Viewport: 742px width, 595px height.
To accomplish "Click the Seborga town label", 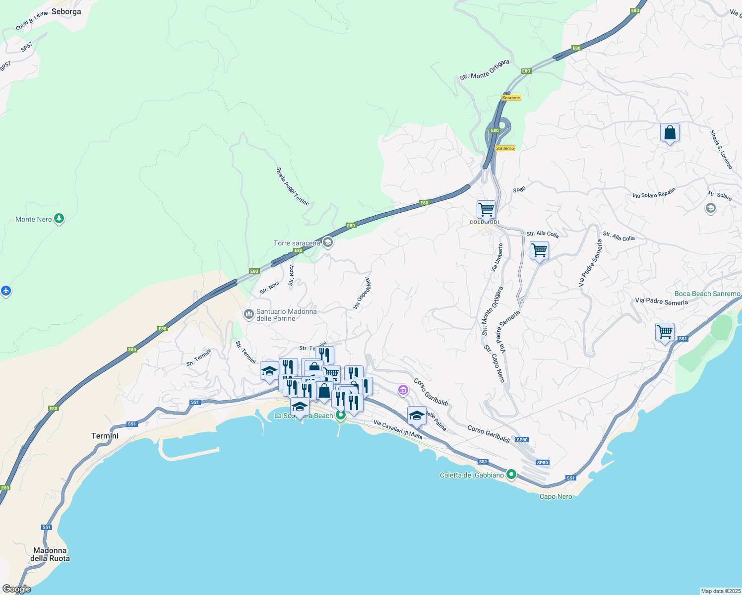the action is pyautogui.click(x=66, y=11).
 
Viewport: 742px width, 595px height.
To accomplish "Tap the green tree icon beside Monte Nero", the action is pyautogui.click(x=59, y=218).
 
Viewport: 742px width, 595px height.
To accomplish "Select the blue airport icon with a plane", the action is pyautogui.click(x=5, y=291).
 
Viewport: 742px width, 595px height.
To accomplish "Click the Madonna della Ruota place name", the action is pyautogui.click(x=50, y=554).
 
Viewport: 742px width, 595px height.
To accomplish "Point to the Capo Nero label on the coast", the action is pyautogui.click(x=556, y=496).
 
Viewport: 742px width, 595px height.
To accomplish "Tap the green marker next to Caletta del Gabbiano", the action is pyautogui.click(x=511, y=474).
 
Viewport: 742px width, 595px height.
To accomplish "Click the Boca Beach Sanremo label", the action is pyautogui.click(x=707, y=294).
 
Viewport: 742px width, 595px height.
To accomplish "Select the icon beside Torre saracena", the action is pyautogui.click(x=327, y=242).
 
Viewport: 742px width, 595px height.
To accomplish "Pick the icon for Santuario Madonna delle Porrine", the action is pyautogui.click(x=249, y=314).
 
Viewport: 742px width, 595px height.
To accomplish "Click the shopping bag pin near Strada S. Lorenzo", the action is pyautogui.click(x=670, y=133).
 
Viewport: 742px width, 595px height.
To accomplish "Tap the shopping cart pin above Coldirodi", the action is pyautogui.click(x=486, y=210).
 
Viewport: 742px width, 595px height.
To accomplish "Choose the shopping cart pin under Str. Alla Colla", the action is pyautogui.click(x=539, y=250).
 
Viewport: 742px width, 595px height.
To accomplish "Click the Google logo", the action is pyautogui.click(x=16, y=589).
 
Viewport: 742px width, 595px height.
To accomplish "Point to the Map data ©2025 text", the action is pyautogui.click(x=721, y=591).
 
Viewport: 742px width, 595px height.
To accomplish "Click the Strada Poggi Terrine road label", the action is pyautogui.click(x=292, y=186).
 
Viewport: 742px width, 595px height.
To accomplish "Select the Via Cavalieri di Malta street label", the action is pyautogui.click(x=398, y=430).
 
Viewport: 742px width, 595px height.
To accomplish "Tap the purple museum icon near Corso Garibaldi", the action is pyautogui.click(x=403, y=391).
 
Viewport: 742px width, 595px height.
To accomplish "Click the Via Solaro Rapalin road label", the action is pyautogui.click(x=654, y=193).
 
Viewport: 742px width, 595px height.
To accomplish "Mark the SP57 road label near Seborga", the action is pyautogui.click(x=26, y=47).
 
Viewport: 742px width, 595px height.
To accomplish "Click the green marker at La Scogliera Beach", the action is pyautogui.click(x=340, y=415).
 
